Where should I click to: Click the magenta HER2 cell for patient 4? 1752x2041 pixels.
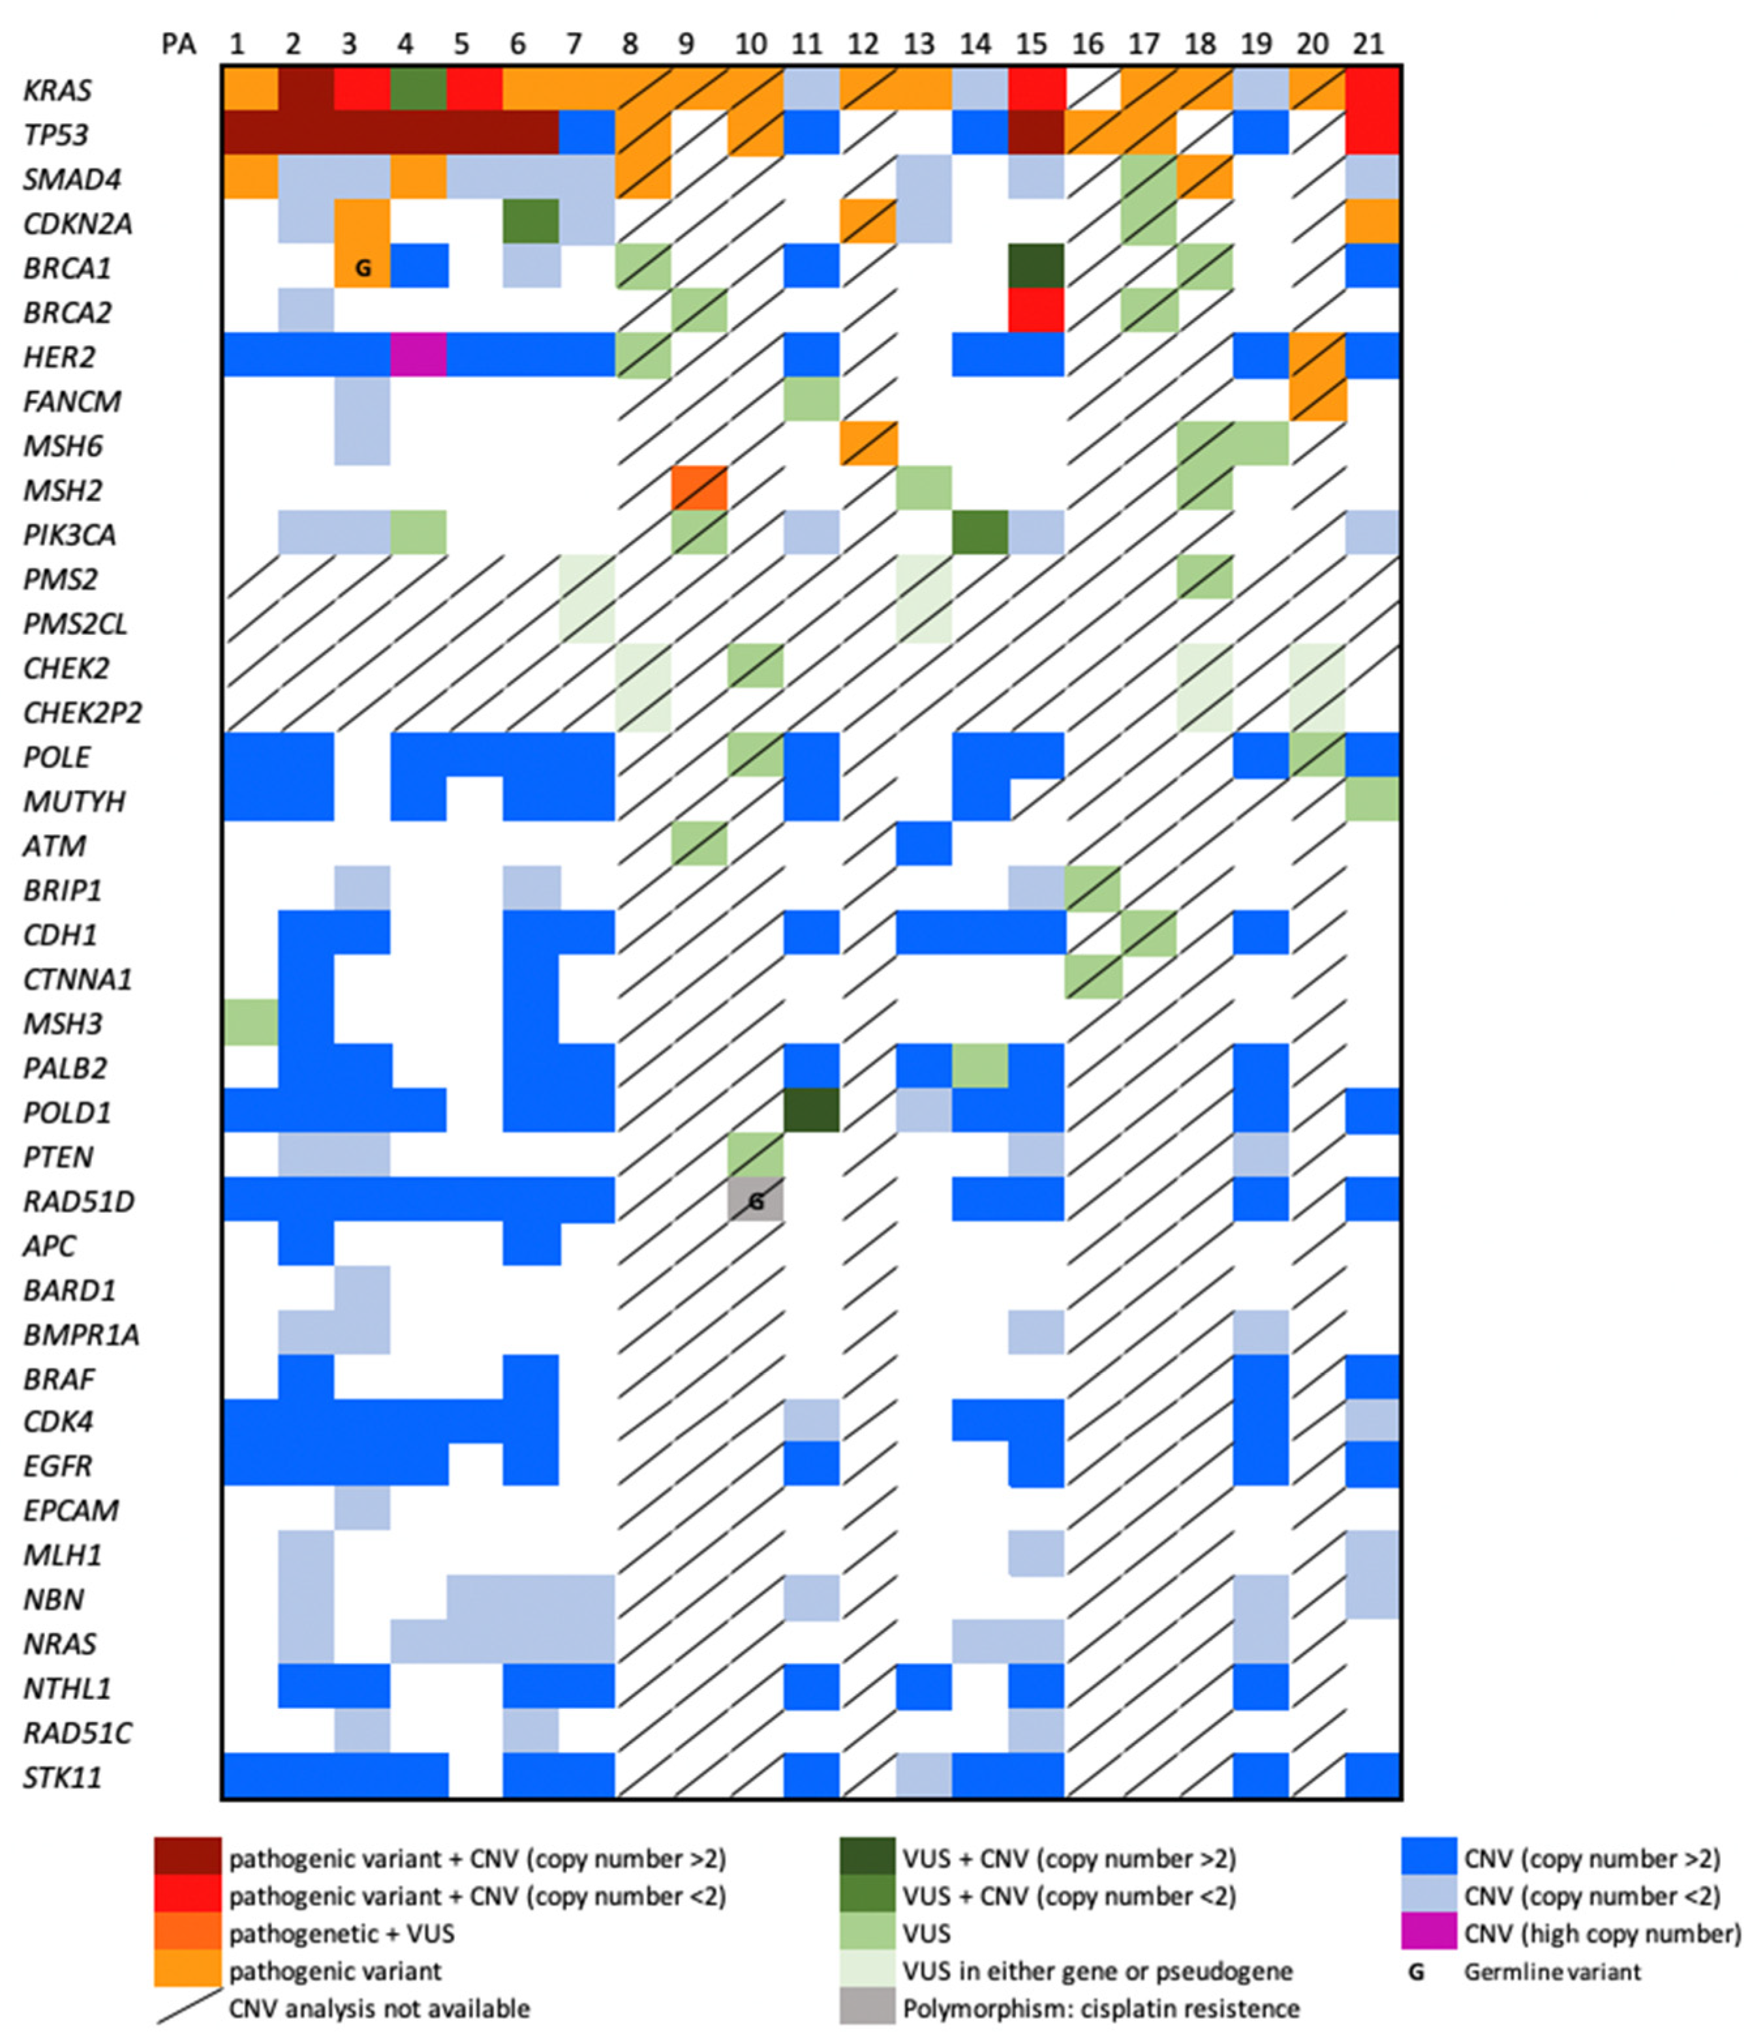pyautogui.click(x=420, y=354)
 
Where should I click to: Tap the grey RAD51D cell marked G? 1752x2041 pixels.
pyautogui.click(x=756, y=1201)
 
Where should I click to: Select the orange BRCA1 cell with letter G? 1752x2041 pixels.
pyautogui.click(x=362, y=266)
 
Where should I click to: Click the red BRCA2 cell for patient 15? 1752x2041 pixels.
pyautogui.click(x=1036, y=311)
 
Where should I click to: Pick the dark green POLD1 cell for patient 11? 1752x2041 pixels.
pyautogui.click(x=812, y=1110)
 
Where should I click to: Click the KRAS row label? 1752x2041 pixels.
pyautogui.click(x=57, y=89)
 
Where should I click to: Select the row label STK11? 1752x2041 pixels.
pyautogui.click(x=62, y=1777)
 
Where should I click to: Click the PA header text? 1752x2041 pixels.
pyautogui.click(x=178, y=45)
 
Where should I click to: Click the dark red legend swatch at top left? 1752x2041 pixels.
pyautogui.click(x=187, y=1858)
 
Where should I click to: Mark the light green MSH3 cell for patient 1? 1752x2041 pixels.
pyautogui.click(x=250, y=1022)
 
